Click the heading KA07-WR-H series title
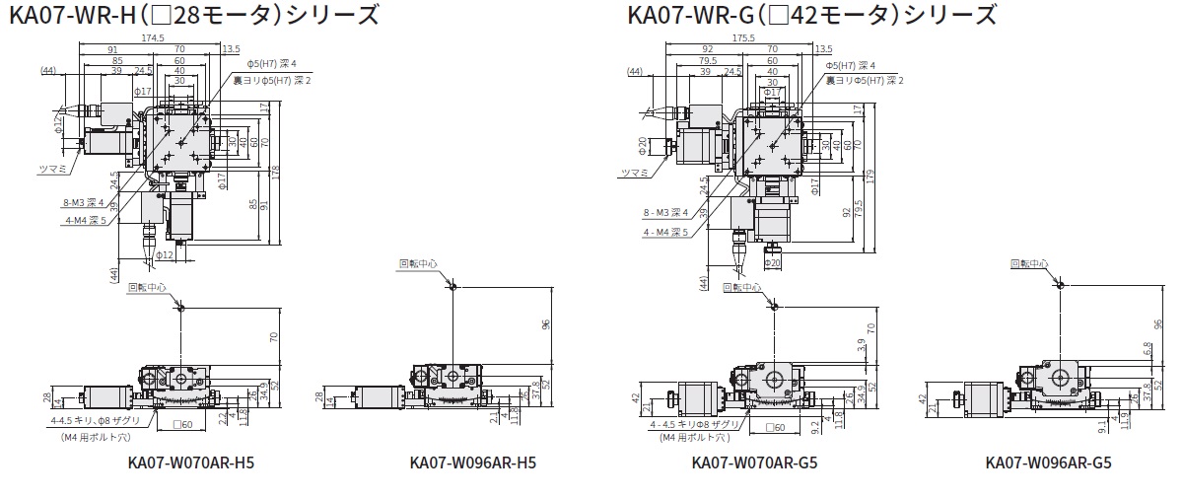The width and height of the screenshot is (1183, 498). pos(192,15)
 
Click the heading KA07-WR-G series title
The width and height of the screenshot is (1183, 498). pos(810,15)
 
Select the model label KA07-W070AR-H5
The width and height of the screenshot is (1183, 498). pos(191,462)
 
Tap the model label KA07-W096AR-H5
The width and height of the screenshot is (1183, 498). pos(473,462)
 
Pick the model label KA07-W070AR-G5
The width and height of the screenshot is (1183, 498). pos(755,462)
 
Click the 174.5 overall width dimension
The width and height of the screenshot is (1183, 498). pos(153,37)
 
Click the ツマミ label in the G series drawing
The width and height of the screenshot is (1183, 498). pos(635,173)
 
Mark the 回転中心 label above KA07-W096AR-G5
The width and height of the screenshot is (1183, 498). pos(1029,263)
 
